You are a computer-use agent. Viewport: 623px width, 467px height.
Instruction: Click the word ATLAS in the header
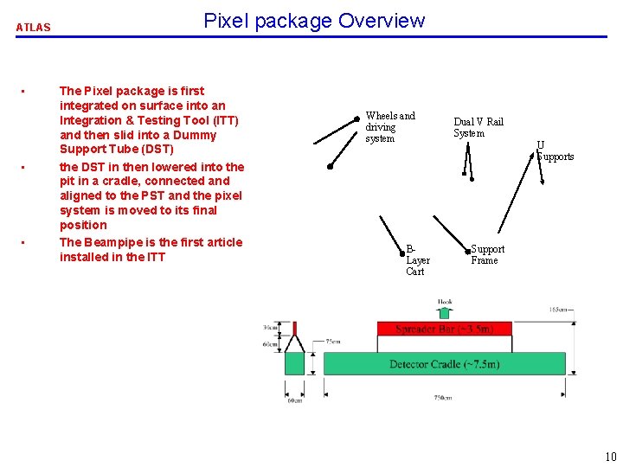coord(34,28)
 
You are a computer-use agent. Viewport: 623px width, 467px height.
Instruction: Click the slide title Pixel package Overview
coord(314,21)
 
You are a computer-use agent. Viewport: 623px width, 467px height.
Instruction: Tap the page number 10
coord(611,457)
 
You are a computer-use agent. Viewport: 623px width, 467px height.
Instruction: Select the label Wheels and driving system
coord(389,126)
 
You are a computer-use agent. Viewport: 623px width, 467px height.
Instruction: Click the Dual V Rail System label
coord(478,127)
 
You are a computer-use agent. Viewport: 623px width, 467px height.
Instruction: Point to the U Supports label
coord(556,150)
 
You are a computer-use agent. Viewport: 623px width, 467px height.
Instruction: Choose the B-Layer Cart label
coord(417,259)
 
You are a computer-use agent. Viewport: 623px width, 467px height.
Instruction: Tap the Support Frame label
coord(487,254)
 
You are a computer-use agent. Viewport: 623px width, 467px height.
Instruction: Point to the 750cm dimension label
coord(444,398)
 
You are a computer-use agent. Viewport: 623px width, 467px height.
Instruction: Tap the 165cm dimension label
coord(562,310)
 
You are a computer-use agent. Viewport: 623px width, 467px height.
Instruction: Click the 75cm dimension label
coord(332,342)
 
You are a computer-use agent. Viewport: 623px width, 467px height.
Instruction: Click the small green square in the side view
coord(295,363)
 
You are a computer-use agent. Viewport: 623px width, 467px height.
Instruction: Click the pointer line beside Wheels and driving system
coord(337,130)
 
